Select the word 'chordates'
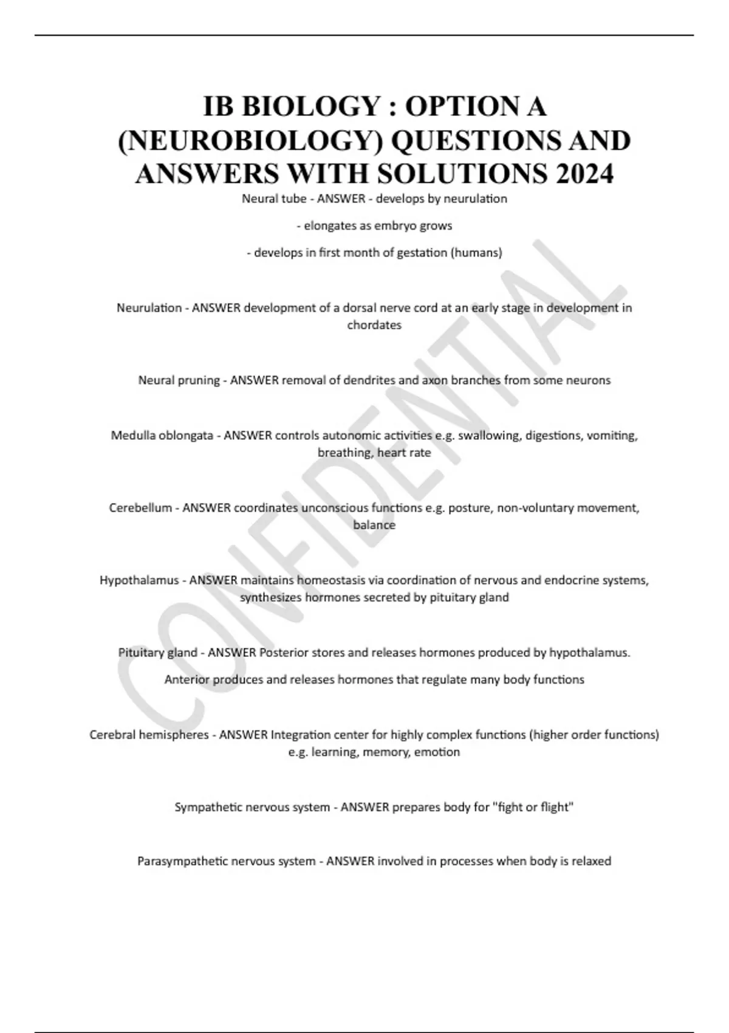pos(374,325)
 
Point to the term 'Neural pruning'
pos(179,380)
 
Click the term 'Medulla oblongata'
pos(162,436)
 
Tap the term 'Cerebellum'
pos(140,508)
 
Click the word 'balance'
pos(374,525)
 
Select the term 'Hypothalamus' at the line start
pos(139,580)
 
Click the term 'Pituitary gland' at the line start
pos(157,653)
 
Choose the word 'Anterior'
pos(187,679)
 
